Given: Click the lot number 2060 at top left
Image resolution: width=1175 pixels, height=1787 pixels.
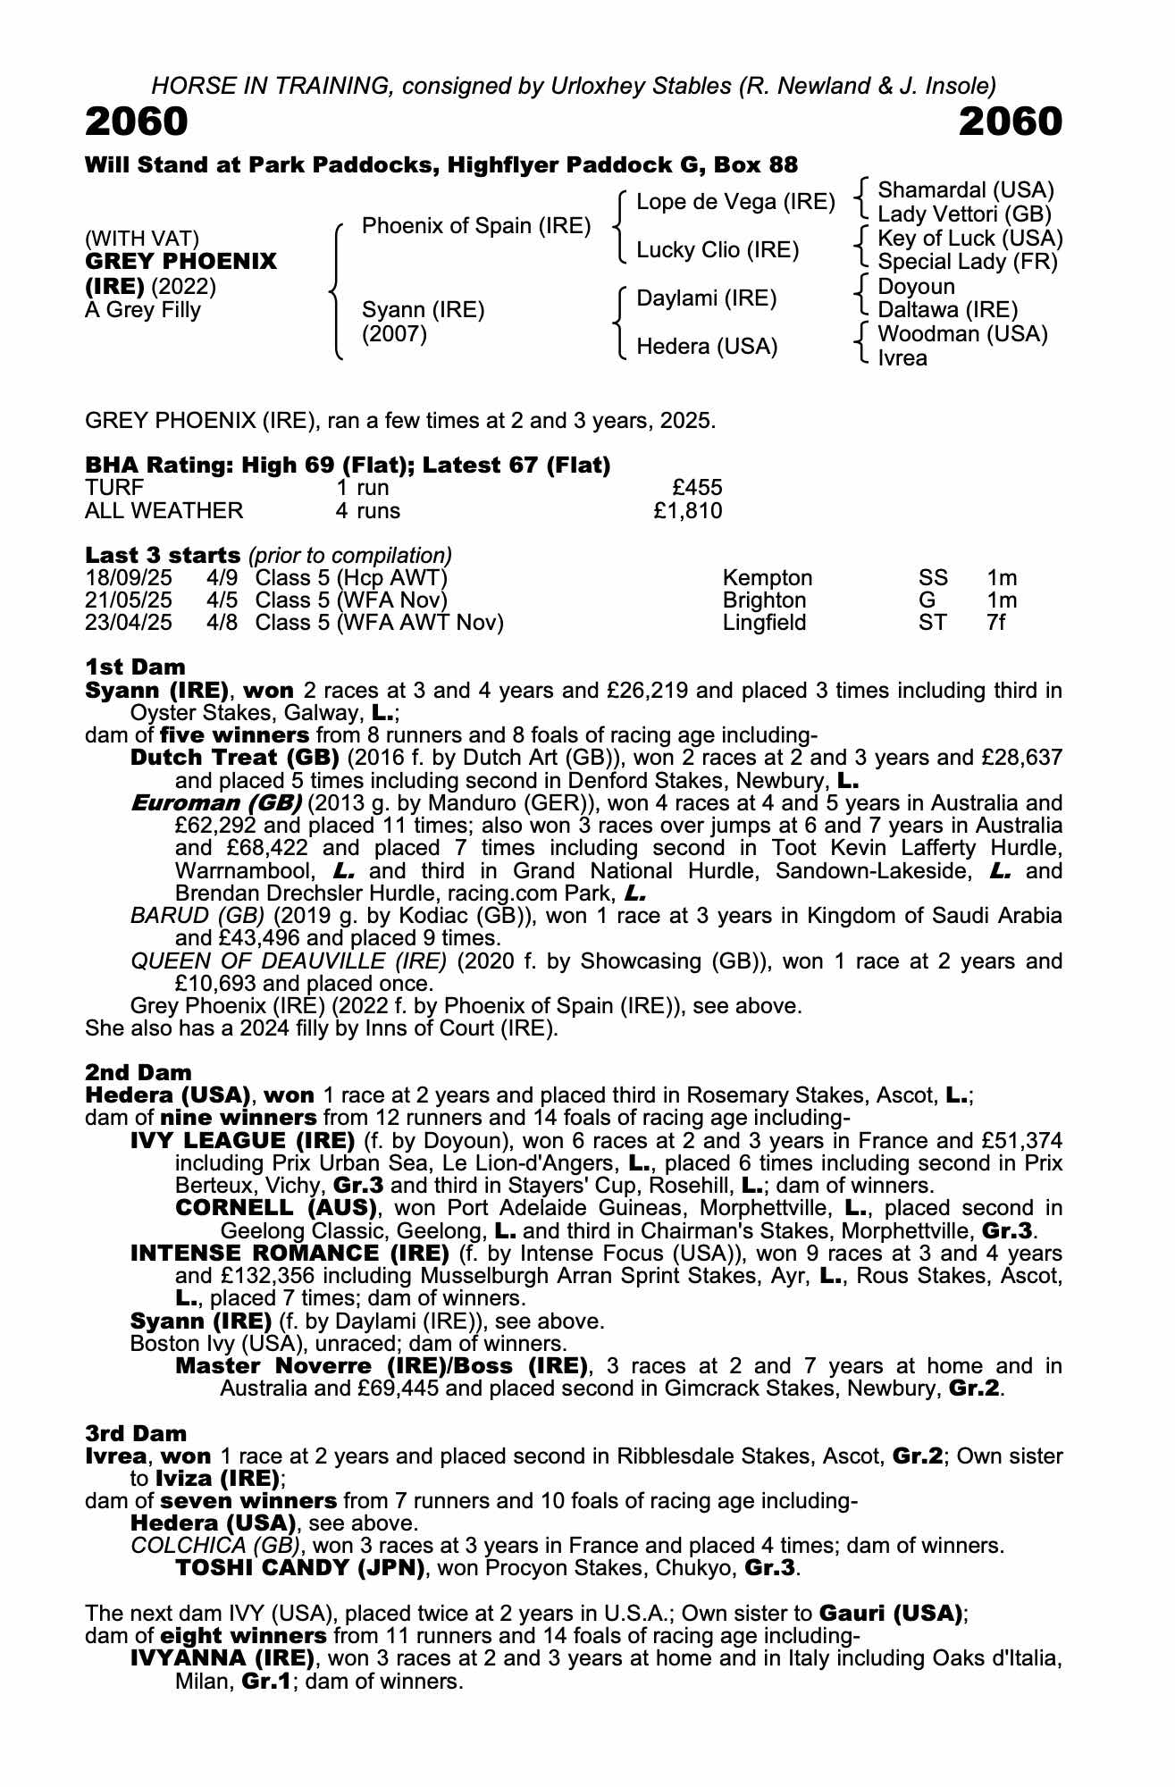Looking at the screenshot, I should pos(137,122).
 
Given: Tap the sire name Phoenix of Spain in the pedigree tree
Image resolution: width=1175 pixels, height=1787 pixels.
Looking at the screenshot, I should pos(476,226).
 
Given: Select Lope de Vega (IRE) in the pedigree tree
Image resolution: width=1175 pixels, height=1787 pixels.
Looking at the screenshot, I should pos(735,202).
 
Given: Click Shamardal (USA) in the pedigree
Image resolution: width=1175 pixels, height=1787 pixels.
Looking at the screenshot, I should pos(966,190).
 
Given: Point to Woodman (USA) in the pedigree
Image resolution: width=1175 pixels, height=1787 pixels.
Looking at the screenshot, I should pos(962,334).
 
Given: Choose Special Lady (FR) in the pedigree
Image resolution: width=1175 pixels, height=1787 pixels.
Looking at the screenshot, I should pos(968,262).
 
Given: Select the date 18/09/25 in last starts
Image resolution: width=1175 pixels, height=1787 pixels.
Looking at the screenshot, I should pos(128,578).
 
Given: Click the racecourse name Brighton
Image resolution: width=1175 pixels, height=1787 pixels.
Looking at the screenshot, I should pos(764,600).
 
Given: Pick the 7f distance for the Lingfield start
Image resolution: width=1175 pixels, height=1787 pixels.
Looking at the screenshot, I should pos(995,623).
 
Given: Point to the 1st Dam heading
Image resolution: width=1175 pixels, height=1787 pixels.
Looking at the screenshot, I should pos(135,667).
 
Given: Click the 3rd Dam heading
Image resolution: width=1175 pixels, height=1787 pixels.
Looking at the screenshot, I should pos(136,1434).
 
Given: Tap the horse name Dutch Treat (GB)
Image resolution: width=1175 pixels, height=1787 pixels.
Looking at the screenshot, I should pos(234,758).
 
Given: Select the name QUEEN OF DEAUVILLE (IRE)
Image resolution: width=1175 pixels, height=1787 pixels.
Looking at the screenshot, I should pos(289,961).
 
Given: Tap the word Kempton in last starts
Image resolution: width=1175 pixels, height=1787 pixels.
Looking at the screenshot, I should pos(768,578).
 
